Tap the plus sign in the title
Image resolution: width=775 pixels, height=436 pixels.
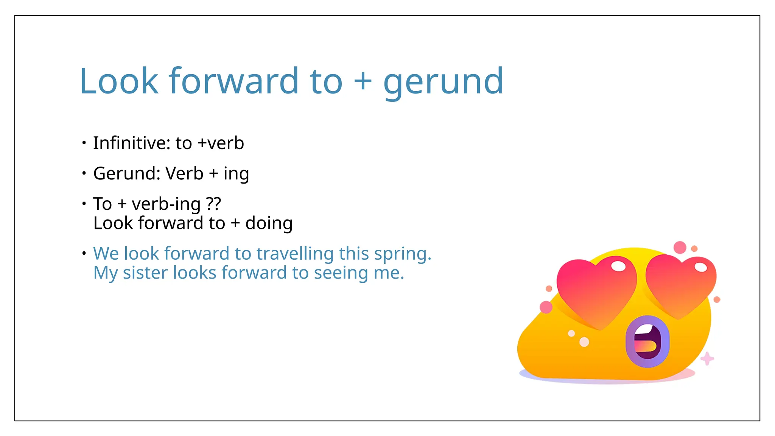click(363, 81)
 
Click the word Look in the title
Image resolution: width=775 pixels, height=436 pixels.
click(119, 81)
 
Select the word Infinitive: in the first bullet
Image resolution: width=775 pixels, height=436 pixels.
click(131, 143)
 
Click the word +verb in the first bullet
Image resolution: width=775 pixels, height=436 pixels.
click(221, 143)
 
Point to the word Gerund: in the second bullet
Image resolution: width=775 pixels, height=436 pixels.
click(127, 174)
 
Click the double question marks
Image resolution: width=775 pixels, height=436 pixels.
click(213, 204)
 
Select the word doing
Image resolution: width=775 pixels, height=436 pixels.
click(269, 223)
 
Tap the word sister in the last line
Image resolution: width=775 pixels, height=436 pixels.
click(145, 273)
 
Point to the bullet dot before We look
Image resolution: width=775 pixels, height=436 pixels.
click(84, 253)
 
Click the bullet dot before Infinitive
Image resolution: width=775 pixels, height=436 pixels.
click(84, 143)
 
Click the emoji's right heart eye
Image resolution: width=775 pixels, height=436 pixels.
click(680, 285)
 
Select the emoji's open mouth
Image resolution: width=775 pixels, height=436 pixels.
click(647, 341)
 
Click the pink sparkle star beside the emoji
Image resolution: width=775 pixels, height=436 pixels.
click(707, 358)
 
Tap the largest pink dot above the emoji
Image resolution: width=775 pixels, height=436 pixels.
click(680, 248)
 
